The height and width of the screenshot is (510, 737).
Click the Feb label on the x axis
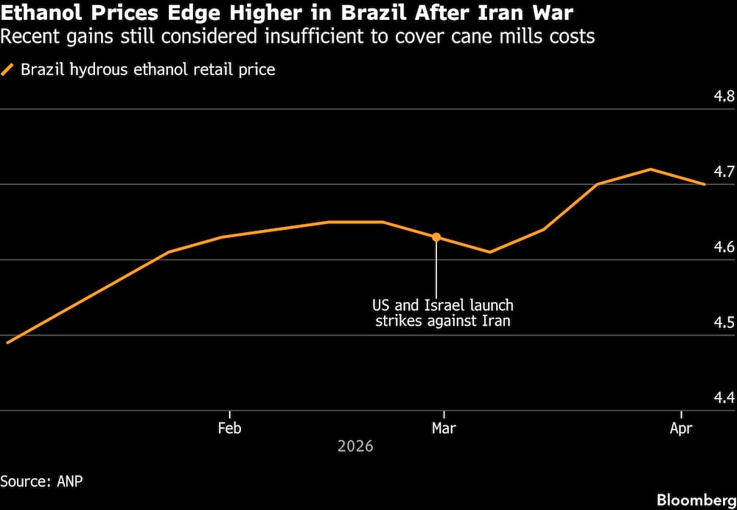230,428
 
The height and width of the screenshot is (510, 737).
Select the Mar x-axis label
442,428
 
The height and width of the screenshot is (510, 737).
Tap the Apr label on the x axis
681,428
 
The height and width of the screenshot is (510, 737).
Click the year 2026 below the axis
355,447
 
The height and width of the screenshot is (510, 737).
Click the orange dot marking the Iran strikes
436,237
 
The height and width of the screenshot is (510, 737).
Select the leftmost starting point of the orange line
7,343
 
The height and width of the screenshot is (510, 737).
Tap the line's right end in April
705,184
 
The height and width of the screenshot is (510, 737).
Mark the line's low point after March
489,252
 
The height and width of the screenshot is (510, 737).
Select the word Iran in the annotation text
495,321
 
